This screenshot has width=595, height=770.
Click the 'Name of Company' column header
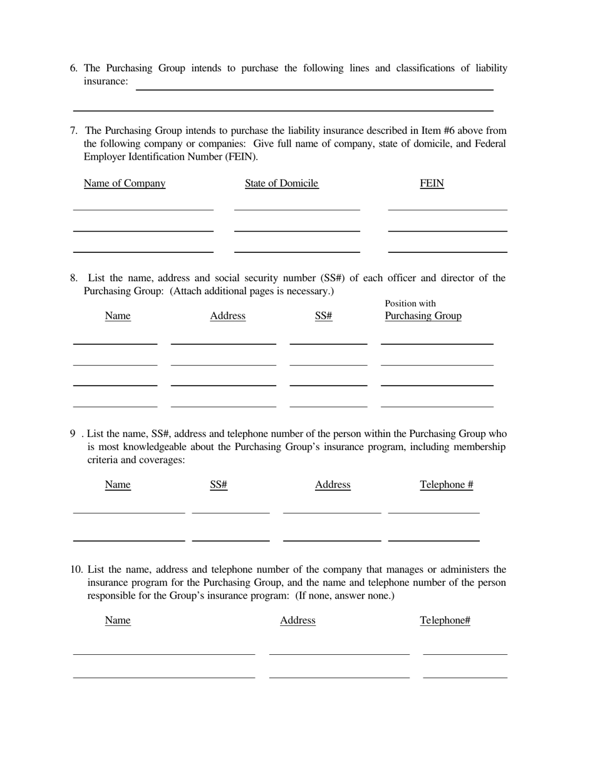125,183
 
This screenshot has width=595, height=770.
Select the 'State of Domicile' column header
281,183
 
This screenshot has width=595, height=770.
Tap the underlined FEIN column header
432,183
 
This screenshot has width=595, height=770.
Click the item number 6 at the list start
73,68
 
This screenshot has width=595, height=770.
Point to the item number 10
76,570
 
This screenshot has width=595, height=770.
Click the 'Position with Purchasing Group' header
423,310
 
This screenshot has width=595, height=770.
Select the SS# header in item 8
323,316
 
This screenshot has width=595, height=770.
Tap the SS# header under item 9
218,485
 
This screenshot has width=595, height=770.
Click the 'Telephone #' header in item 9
446,485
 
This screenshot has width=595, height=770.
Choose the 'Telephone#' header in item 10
445,620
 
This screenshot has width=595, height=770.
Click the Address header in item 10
297,620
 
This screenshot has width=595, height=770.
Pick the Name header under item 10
118,620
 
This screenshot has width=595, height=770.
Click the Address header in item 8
227,316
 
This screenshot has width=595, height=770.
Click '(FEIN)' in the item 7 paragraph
241,157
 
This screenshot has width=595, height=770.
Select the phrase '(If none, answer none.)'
345,596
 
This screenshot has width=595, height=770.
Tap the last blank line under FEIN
447,251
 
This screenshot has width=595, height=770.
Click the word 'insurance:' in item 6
106,81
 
